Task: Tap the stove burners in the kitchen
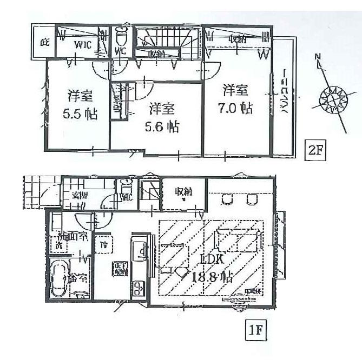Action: pos(138,288)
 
